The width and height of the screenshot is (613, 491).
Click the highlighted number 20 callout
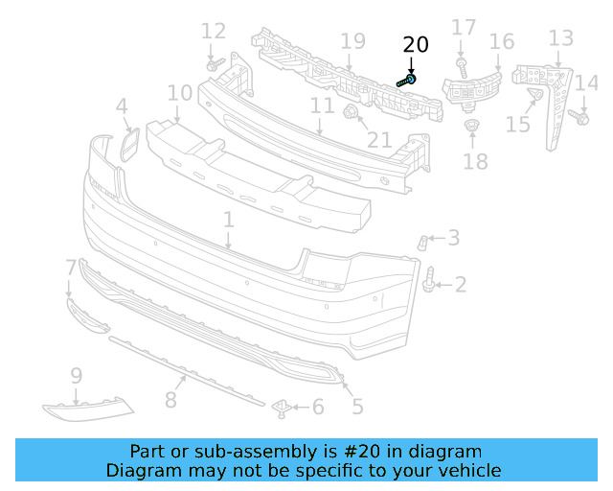point(416,44)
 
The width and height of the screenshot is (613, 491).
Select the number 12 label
point(214,31)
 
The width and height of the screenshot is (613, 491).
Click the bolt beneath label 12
point(215,66)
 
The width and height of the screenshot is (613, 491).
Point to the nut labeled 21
point(351,115)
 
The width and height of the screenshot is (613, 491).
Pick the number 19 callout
point(352,41)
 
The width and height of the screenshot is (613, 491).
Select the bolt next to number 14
point(579,117)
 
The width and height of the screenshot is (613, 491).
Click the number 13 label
point(560,38)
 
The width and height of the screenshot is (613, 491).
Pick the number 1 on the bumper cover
point(229,221)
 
